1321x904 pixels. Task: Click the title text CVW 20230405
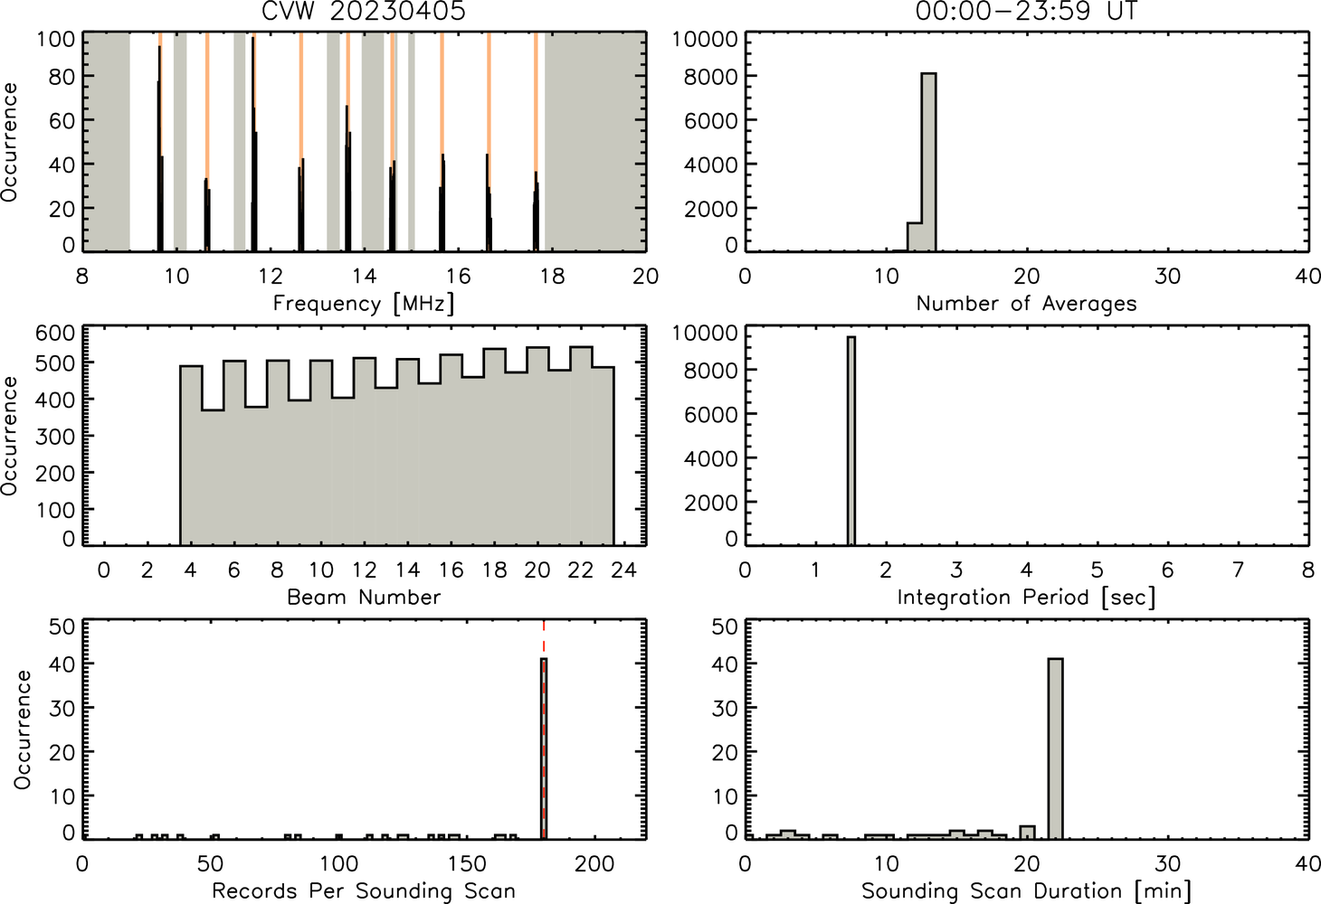364,11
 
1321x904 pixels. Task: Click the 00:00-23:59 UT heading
1026,11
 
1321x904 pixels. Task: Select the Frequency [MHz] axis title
364,304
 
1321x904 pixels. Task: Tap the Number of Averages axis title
1026,304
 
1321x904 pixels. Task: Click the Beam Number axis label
364,597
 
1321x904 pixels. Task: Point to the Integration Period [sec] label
1026,598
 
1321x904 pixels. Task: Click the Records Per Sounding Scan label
364,890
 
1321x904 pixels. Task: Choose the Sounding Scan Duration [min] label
1026,891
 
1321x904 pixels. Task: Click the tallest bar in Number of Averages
929,163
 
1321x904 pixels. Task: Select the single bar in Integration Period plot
851,441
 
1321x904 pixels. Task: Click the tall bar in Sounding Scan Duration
1056,749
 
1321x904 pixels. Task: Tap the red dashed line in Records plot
544,730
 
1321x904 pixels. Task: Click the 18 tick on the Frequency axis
552,276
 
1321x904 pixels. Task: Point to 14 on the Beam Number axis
407,570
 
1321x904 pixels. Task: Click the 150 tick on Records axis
467,863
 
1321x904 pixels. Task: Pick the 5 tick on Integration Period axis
1097,570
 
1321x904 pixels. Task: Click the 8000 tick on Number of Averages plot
710,77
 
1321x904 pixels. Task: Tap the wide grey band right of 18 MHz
595,142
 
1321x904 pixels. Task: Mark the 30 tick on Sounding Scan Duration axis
1167,863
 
